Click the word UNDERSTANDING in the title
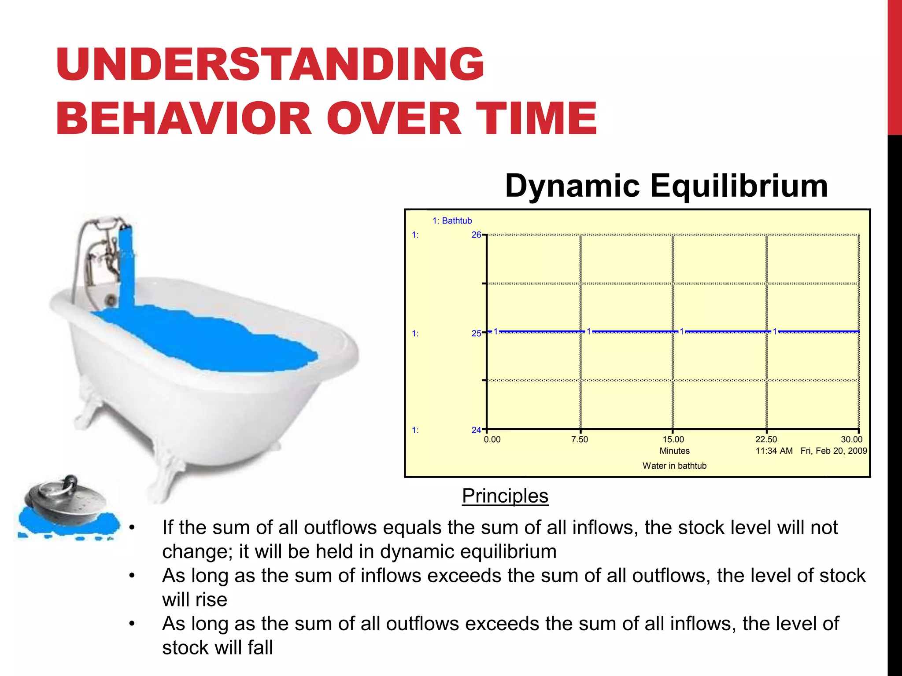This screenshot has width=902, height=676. [270, 65]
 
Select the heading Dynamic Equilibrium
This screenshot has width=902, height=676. [666, 186]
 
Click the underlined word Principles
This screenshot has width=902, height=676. [505, 496]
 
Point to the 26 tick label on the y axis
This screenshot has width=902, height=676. [476, 235]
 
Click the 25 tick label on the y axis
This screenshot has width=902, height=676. [476, 334]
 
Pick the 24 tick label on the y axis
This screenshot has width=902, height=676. [476, 430]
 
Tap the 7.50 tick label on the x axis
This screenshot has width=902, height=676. [579, 439]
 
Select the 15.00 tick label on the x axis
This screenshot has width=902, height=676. [673, 439]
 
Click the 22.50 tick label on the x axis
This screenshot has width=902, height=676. [766, 439]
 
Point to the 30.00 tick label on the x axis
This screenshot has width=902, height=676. [851, 439]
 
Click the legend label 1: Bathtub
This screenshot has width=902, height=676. [452, 221]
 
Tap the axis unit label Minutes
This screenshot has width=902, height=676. [674, 451]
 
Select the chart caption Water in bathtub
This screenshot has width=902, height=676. [674, 466]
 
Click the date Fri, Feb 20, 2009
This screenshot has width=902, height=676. [833, 451]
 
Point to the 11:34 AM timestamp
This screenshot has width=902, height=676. [774, 451]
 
